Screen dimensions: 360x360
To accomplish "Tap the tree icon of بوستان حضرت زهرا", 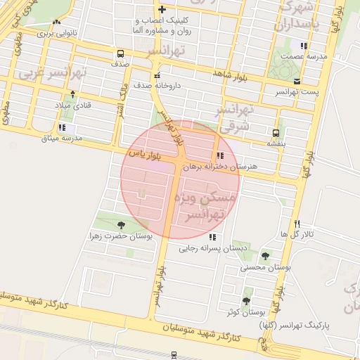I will [x=122, y=225].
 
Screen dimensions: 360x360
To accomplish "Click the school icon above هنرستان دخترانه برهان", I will [x=220, y=156].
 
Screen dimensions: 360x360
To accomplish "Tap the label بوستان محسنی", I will [x=265, y=267].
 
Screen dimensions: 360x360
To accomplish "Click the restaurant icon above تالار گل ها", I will [x=297, y=224].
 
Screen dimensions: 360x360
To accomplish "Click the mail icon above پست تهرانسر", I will [x=297, y=81].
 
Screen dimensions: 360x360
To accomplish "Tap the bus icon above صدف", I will [x=121, y=53].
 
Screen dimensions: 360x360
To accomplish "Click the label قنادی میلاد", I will [x=73, y=104].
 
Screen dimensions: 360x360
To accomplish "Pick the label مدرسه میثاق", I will [x=62, y=138].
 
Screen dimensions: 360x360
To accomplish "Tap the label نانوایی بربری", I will [x=56, y=32].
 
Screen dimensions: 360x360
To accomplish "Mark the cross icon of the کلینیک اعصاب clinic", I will [x=162, y=10].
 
